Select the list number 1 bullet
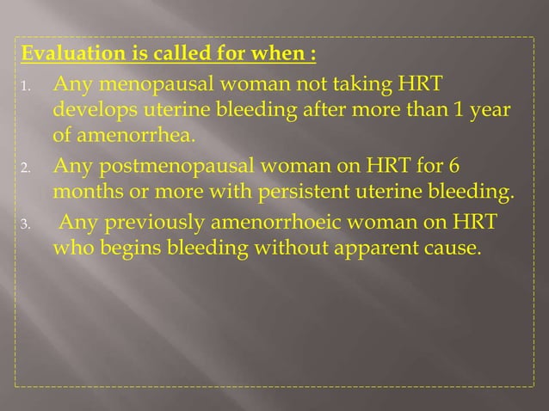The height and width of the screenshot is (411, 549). coord(27,89)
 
